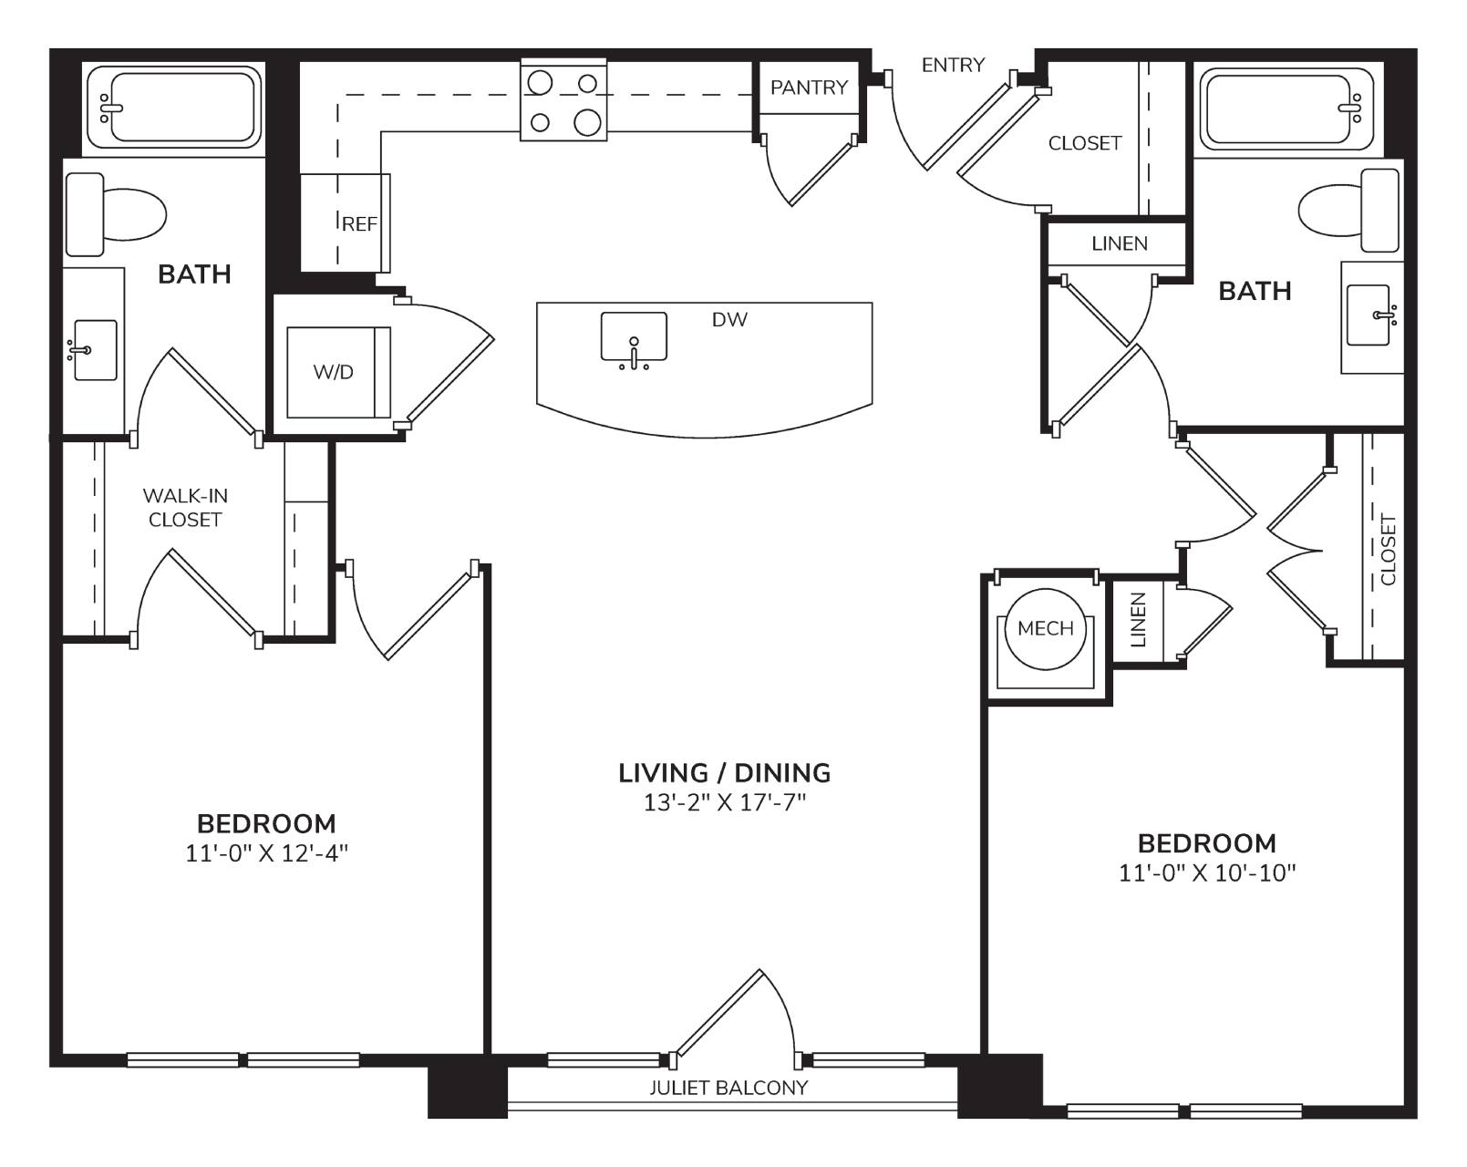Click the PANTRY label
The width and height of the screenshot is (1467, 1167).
click(x=809, y=88)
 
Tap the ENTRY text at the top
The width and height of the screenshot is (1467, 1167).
click(x=953, y=65)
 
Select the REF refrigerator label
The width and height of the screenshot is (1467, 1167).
click(x=359, y=223)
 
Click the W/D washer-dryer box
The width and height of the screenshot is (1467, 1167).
click(x=339, y=372)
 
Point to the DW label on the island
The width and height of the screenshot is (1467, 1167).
click(x=729, y=319)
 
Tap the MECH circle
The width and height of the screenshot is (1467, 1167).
click(x=1046, y=628)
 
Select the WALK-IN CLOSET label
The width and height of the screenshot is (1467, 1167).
click(x=185, y=508)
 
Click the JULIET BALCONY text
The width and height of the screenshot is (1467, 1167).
click(x=728, y=1088)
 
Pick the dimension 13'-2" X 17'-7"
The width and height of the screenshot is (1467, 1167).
click(x=725, y=803)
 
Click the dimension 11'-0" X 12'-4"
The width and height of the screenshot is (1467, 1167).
click(x=266, y=853)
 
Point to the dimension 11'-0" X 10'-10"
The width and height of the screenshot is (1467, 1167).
click(x=1206, y=873)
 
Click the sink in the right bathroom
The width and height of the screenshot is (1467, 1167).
click(x=1369, y=315)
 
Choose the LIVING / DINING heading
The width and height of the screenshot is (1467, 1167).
click(x=725, y=773)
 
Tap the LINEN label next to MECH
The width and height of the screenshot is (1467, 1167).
click(x=1138, y=619)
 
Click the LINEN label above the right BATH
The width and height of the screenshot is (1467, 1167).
click(x=1120, y=243)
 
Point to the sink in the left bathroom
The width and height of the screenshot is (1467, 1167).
click(x=94, y=350)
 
